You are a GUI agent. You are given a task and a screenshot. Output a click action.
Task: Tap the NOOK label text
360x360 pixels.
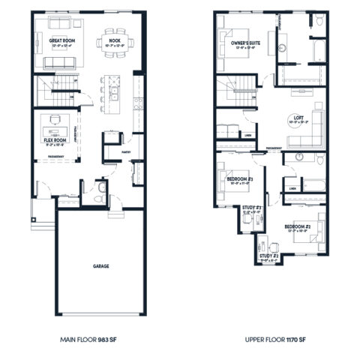pyautogui.click(x=112, y=40)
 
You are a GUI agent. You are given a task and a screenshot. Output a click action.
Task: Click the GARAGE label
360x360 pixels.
pyautogui.click(x=101, y=265)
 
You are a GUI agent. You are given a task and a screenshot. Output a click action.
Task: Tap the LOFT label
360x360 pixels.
pyautogui.click(x=298, y=118)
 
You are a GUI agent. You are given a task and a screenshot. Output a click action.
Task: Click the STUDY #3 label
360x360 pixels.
pyautogui.click(x=251, y=208)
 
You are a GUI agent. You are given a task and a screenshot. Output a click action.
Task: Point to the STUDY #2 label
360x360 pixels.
pyautogui.click(x=269, y=256)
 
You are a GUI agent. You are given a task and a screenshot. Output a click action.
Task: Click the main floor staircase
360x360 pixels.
pyautogui.click(x=51, y=93)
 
